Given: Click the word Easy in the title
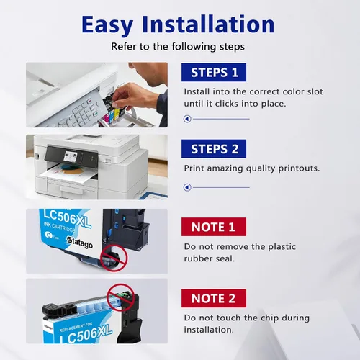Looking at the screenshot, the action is [x=107, y=25].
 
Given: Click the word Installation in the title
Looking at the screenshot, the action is [x=208, y=24].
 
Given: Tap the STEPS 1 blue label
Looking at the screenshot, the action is [x=214, y=72].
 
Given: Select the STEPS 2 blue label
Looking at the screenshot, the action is [x=214, y=148].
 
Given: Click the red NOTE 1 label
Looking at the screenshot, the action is [x=214, y=227].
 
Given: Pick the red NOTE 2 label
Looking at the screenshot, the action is [x=214, y=298].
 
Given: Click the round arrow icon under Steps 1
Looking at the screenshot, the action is [x=187, y=119].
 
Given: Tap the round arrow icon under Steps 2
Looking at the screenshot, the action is [x=187, y=187].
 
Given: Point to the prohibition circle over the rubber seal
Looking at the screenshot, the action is [x=114, y=258].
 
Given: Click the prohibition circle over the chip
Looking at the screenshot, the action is [x=120, y=297].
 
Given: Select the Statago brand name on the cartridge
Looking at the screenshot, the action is [x=79, y=243].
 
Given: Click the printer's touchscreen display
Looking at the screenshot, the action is [x=71, y=158].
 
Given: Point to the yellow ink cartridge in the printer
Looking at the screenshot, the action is [x=117, y=114].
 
